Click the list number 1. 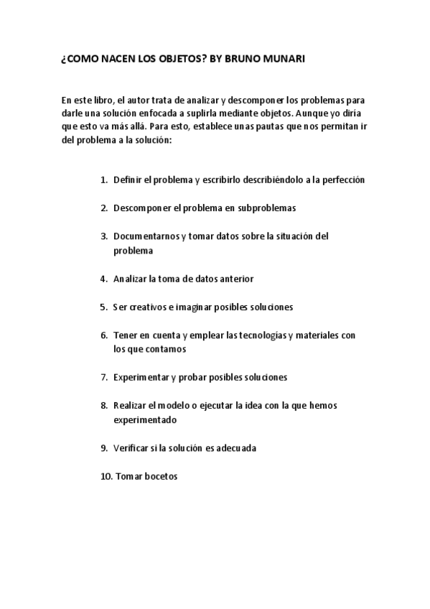click(103, 180)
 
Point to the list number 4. click(103, 278)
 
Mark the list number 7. click(103, 377)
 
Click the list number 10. click(105, 475)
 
